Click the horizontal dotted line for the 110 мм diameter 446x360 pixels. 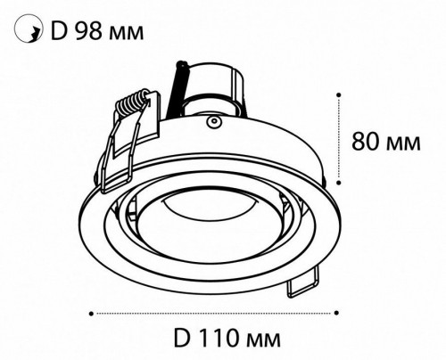coord(214,313)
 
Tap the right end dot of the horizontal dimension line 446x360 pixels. coord(338,313)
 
